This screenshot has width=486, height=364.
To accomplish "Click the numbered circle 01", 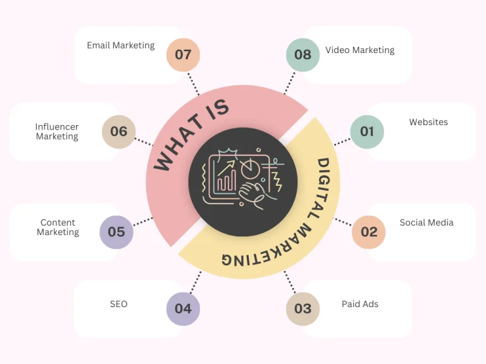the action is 367,131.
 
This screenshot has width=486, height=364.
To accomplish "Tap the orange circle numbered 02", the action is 369,232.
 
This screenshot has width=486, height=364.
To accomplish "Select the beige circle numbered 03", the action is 303,308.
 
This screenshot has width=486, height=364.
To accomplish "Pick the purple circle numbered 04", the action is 183,308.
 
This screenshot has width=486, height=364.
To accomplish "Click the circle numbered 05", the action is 116,232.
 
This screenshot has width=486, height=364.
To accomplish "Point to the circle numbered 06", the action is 119,131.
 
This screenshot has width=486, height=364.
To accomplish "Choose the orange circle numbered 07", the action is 183,55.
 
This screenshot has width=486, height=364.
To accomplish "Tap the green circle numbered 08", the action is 303,55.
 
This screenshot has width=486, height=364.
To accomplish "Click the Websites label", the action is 428,122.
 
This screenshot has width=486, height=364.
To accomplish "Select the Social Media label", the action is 427,222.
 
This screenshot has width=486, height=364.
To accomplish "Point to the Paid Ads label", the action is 360,304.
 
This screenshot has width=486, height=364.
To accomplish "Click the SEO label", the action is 119,304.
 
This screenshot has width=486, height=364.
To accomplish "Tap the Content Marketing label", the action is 58,227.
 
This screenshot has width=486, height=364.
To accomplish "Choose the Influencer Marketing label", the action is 57,132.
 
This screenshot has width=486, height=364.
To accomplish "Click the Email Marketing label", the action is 121,45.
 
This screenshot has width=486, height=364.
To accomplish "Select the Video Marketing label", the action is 360,50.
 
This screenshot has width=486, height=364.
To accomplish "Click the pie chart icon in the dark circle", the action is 250,169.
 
